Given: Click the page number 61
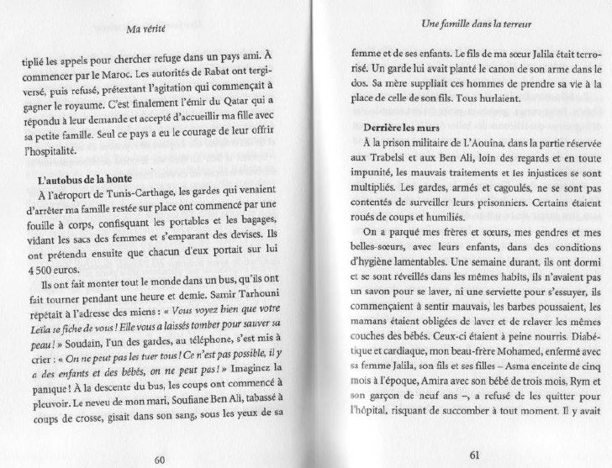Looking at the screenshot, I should coord(472,455).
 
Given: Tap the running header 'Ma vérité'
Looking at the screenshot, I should coord(143,31).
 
